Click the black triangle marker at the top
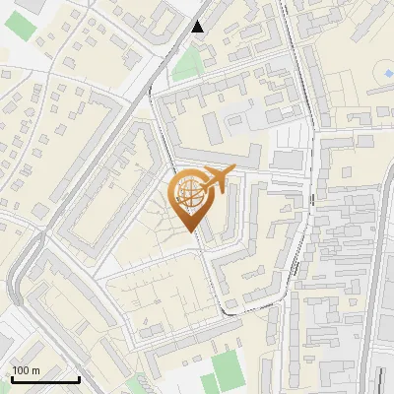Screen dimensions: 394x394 coord(198,26)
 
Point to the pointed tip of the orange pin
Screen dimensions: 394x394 coord(190,230)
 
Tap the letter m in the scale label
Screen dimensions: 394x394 coord(37,370)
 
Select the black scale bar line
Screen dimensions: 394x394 coord(45,379)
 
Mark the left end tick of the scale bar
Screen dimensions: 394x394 coord(12,377)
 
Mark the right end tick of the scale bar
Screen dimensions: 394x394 coord(79,377)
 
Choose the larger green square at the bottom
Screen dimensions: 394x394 coord(227,368)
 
